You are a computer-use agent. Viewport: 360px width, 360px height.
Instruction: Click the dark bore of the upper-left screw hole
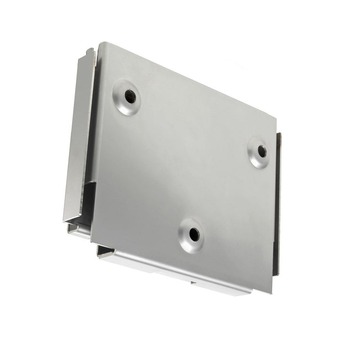(x=130, y=96)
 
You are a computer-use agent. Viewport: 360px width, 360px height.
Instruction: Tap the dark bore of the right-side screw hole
(x=262, y=151)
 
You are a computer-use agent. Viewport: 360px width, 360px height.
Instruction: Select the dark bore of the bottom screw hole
(x=193, y=234)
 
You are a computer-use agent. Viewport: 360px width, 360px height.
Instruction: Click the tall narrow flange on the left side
(x=77, y=135)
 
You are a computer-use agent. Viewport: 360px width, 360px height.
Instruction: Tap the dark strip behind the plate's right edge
(x=278, y=202)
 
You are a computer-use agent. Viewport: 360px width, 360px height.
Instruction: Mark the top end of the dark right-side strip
(x=279, y=134)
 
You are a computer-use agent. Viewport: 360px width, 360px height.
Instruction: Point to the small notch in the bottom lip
(x=193, y=283)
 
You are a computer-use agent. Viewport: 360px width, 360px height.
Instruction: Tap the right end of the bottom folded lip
(x=249, y=292)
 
